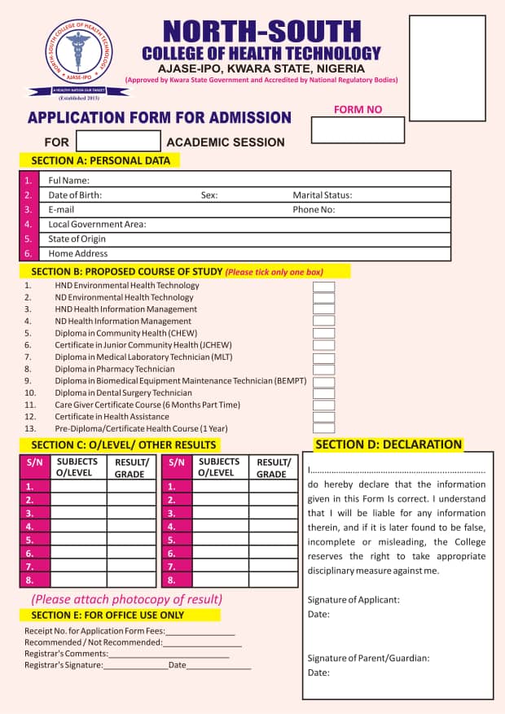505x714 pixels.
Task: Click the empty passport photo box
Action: [446, 55]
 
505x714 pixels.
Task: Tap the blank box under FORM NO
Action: [358, 130]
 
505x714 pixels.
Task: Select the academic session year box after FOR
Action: [116, 142]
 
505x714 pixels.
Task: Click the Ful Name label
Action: [68, 181]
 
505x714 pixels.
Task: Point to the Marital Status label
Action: [322, 195]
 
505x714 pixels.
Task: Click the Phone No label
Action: [314, 210]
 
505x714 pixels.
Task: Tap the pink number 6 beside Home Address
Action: [29, 254]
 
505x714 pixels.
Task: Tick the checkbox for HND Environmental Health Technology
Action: [323, 287]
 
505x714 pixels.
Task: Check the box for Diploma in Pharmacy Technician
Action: [323, 370]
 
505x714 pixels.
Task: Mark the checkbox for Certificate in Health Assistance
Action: [323, 417]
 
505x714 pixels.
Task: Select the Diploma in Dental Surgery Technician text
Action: [123, 393]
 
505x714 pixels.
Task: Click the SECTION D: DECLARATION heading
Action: [389, 445]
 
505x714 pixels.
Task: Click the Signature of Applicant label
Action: [353, 600]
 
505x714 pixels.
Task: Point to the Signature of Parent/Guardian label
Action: [368, 658]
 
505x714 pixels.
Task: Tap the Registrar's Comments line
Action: [169, 654]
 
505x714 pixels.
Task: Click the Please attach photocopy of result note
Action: [126, 599]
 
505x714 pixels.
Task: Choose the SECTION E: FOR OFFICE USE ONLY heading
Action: [108, 615]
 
